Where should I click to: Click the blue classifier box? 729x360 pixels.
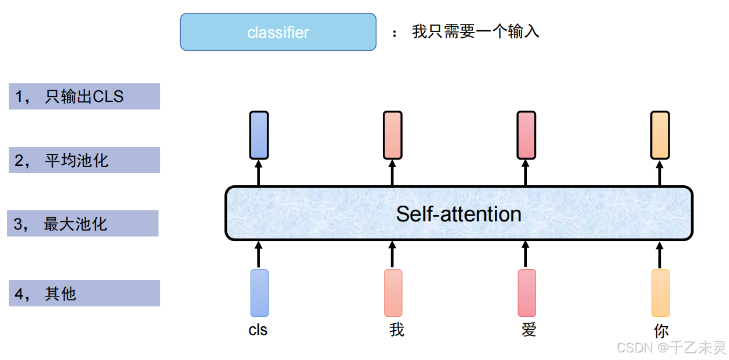(x=278, y=32)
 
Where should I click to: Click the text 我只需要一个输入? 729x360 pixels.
(x=476, y=31)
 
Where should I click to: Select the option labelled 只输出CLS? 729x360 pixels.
(x=84, y=97)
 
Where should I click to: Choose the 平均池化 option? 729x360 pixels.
(x=84, y=160)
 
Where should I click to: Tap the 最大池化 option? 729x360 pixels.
(x=83, y=224)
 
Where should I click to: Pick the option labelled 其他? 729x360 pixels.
(x=84, y=294)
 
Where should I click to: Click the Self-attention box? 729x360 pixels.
(x=459, y=214)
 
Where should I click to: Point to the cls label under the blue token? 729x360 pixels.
(x=258, y=330)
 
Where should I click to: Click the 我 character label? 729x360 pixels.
(x=396, y=330)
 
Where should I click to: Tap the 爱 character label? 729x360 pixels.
(x=529, y=330)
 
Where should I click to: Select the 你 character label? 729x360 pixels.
(x=661, y=331)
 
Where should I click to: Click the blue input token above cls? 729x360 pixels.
(x=259, y=292)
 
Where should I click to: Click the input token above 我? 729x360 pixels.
(x=393, y=292)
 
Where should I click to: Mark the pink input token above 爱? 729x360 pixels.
(x=527, y=292)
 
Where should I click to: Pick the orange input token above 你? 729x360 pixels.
(x=660, y=292)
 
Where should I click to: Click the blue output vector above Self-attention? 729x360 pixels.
(x=259, y=135)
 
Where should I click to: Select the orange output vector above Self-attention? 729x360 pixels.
(x=660, y=135)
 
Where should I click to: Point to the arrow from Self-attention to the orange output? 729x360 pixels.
(x=660, y=172)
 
